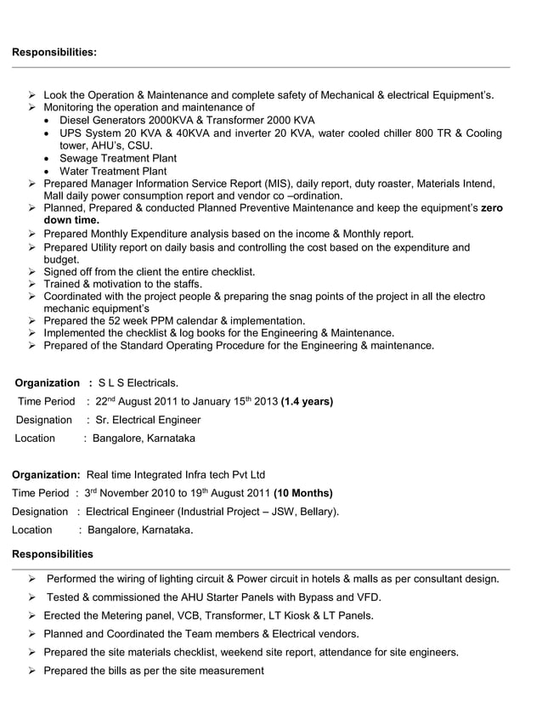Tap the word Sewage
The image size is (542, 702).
coord(78,158)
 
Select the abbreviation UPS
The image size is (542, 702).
coord(71,133)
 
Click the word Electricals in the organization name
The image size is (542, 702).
coord(150,383)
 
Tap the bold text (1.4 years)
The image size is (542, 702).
coord(307,401)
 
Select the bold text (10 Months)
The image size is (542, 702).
coord(303,493)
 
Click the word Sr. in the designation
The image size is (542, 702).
coord(100,420)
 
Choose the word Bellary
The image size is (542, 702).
coord(316,512)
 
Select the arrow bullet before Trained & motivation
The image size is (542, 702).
coord(32,284)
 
